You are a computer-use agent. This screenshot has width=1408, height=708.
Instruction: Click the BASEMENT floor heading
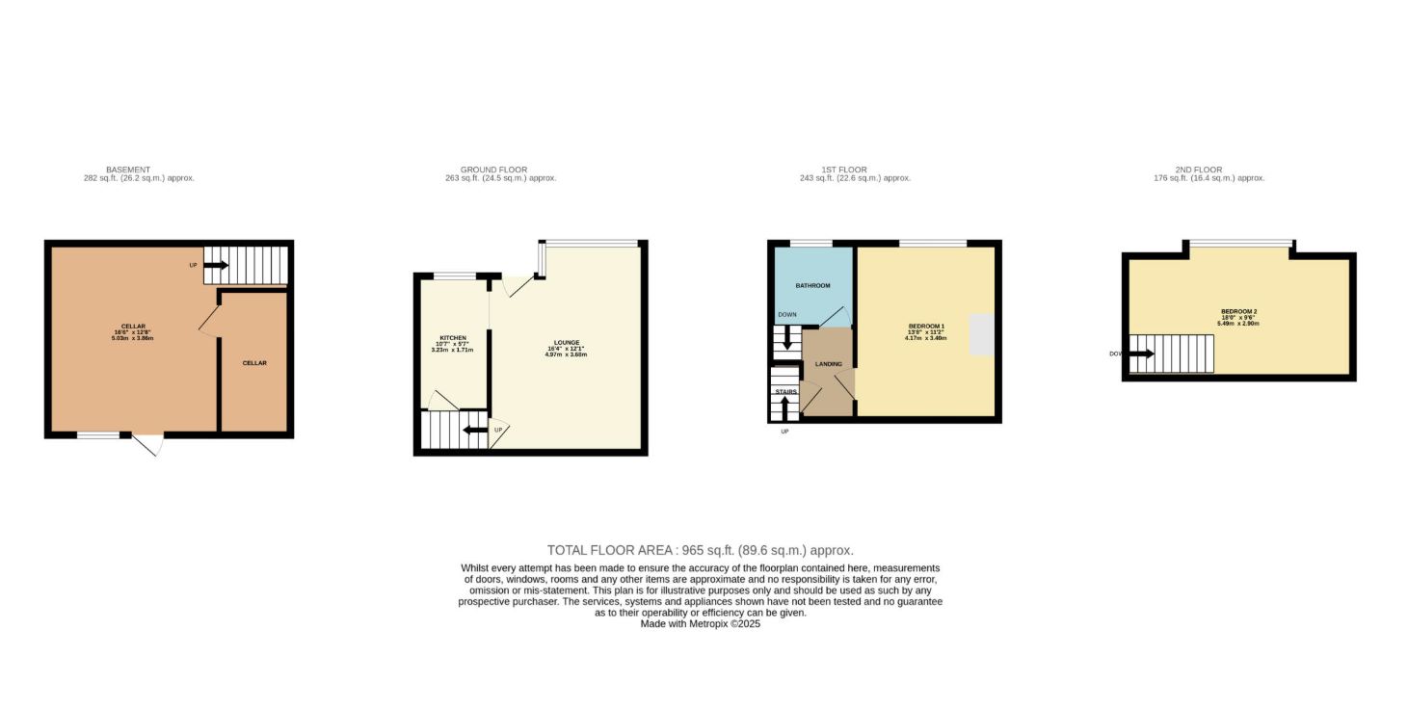[127, 170]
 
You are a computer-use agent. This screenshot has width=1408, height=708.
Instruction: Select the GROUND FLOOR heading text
[493, 170]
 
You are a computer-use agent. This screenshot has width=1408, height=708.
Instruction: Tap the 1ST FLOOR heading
[819, 170]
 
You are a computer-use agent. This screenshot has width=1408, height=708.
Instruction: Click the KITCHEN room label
[453, 338]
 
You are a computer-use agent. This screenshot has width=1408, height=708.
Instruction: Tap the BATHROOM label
[812, 286]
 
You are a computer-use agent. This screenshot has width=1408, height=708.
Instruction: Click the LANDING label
[828, 364]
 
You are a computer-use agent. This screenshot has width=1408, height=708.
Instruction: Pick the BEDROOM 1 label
[926, 326]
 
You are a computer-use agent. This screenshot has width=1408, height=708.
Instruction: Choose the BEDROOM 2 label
[1238, 311]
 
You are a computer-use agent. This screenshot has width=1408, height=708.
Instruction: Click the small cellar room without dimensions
[254, 363]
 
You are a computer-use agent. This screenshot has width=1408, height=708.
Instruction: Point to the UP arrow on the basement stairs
[215, 265]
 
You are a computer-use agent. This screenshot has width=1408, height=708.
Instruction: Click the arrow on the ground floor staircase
[474, 431]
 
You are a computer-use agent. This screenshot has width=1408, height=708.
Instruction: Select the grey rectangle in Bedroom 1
[981, 334]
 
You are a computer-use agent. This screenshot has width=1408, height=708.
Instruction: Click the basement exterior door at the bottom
[148, 445]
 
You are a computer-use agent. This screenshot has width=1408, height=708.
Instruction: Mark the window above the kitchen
[454, 276]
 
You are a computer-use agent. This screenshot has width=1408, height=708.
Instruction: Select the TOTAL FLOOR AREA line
[700, 550]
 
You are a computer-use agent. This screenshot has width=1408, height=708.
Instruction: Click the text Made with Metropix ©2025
[700, 624]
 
